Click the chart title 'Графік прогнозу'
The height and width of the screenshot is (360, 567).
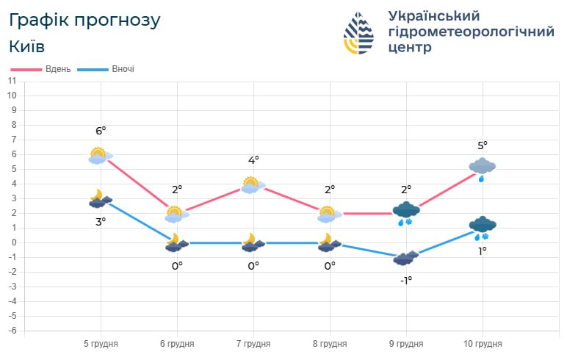[x=84, y=20]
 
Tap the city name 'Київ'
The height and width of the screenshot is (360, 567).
[x=26, y=46]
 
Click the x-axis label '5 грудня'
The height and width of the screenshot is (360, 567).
[x=101, y=343]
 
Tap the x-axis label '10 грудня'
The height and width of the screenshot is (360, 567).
[x=483, y=343]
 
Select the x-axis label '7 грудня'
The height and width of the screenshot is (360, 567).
[x=253, y=343]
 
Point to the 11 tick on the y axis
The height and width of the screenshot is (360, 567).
[x=12, y=81]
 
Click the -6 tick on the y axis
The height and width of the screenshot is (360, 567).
[x=12, y=331]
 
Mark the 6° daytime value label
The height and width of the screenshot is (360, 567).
[x=101, y=131]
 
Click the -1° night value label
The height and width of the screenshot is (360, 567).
[x=405, y=280]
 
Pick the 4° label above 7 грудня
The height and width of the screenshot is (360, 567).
[x=253, y=160]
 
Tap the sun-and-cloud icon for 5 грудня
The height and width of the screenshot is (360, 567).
[x=100, y=155]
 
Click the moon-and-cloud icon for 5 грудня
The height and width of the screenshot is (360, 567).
[x=100, y=198]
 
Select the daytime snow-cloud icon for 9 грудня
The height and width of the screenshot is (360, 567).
[x=405, y=213]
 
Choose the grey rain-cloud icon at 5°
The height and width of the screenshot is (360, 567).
[x=483, y=168]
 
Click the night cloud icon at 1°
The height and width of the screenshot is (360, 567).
[x=483, y=227]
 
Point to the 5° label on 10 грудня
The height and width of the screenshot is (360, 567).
[x=483, y=145]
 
